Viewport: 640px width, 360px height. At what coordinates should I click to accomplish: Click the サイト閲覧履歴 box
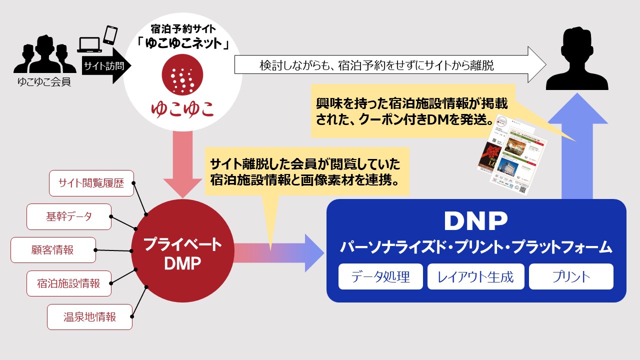(x=91, y=183)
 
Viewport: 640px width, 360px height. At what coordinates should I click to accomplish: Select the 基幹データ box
(x=69, y=216)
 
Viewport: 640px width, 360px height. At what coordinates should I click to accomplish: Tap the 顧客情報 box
(x=53, y=250)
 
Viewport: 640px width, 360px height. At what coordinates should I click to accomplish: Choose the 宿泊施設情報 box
(x=69, y=283)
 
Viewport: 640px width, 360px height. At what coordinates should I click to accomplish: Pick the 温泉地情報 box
(x=89, y=317)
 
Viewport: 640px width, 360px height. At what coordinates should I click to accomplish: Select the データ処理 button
(x=380, y=276)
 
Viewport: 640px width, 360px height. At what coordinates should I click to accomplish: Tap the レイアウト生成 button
(x=475, y=276)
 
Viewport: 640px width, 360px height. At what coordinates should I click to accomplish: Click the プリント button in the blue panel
(x=571, y=276)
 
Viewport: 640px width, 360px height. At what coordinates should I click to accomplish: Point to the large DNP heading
(x=475, y=220)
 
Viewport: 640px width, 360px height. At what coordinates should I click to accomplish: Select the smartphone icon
(x=110, y=35)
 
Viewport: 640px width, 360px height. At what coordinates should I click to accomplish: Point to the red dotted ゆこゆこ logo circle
(x=182, y=77)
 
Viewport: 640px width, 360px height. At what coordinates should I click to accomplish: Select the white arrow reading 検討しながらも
(x=389, y=65)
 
